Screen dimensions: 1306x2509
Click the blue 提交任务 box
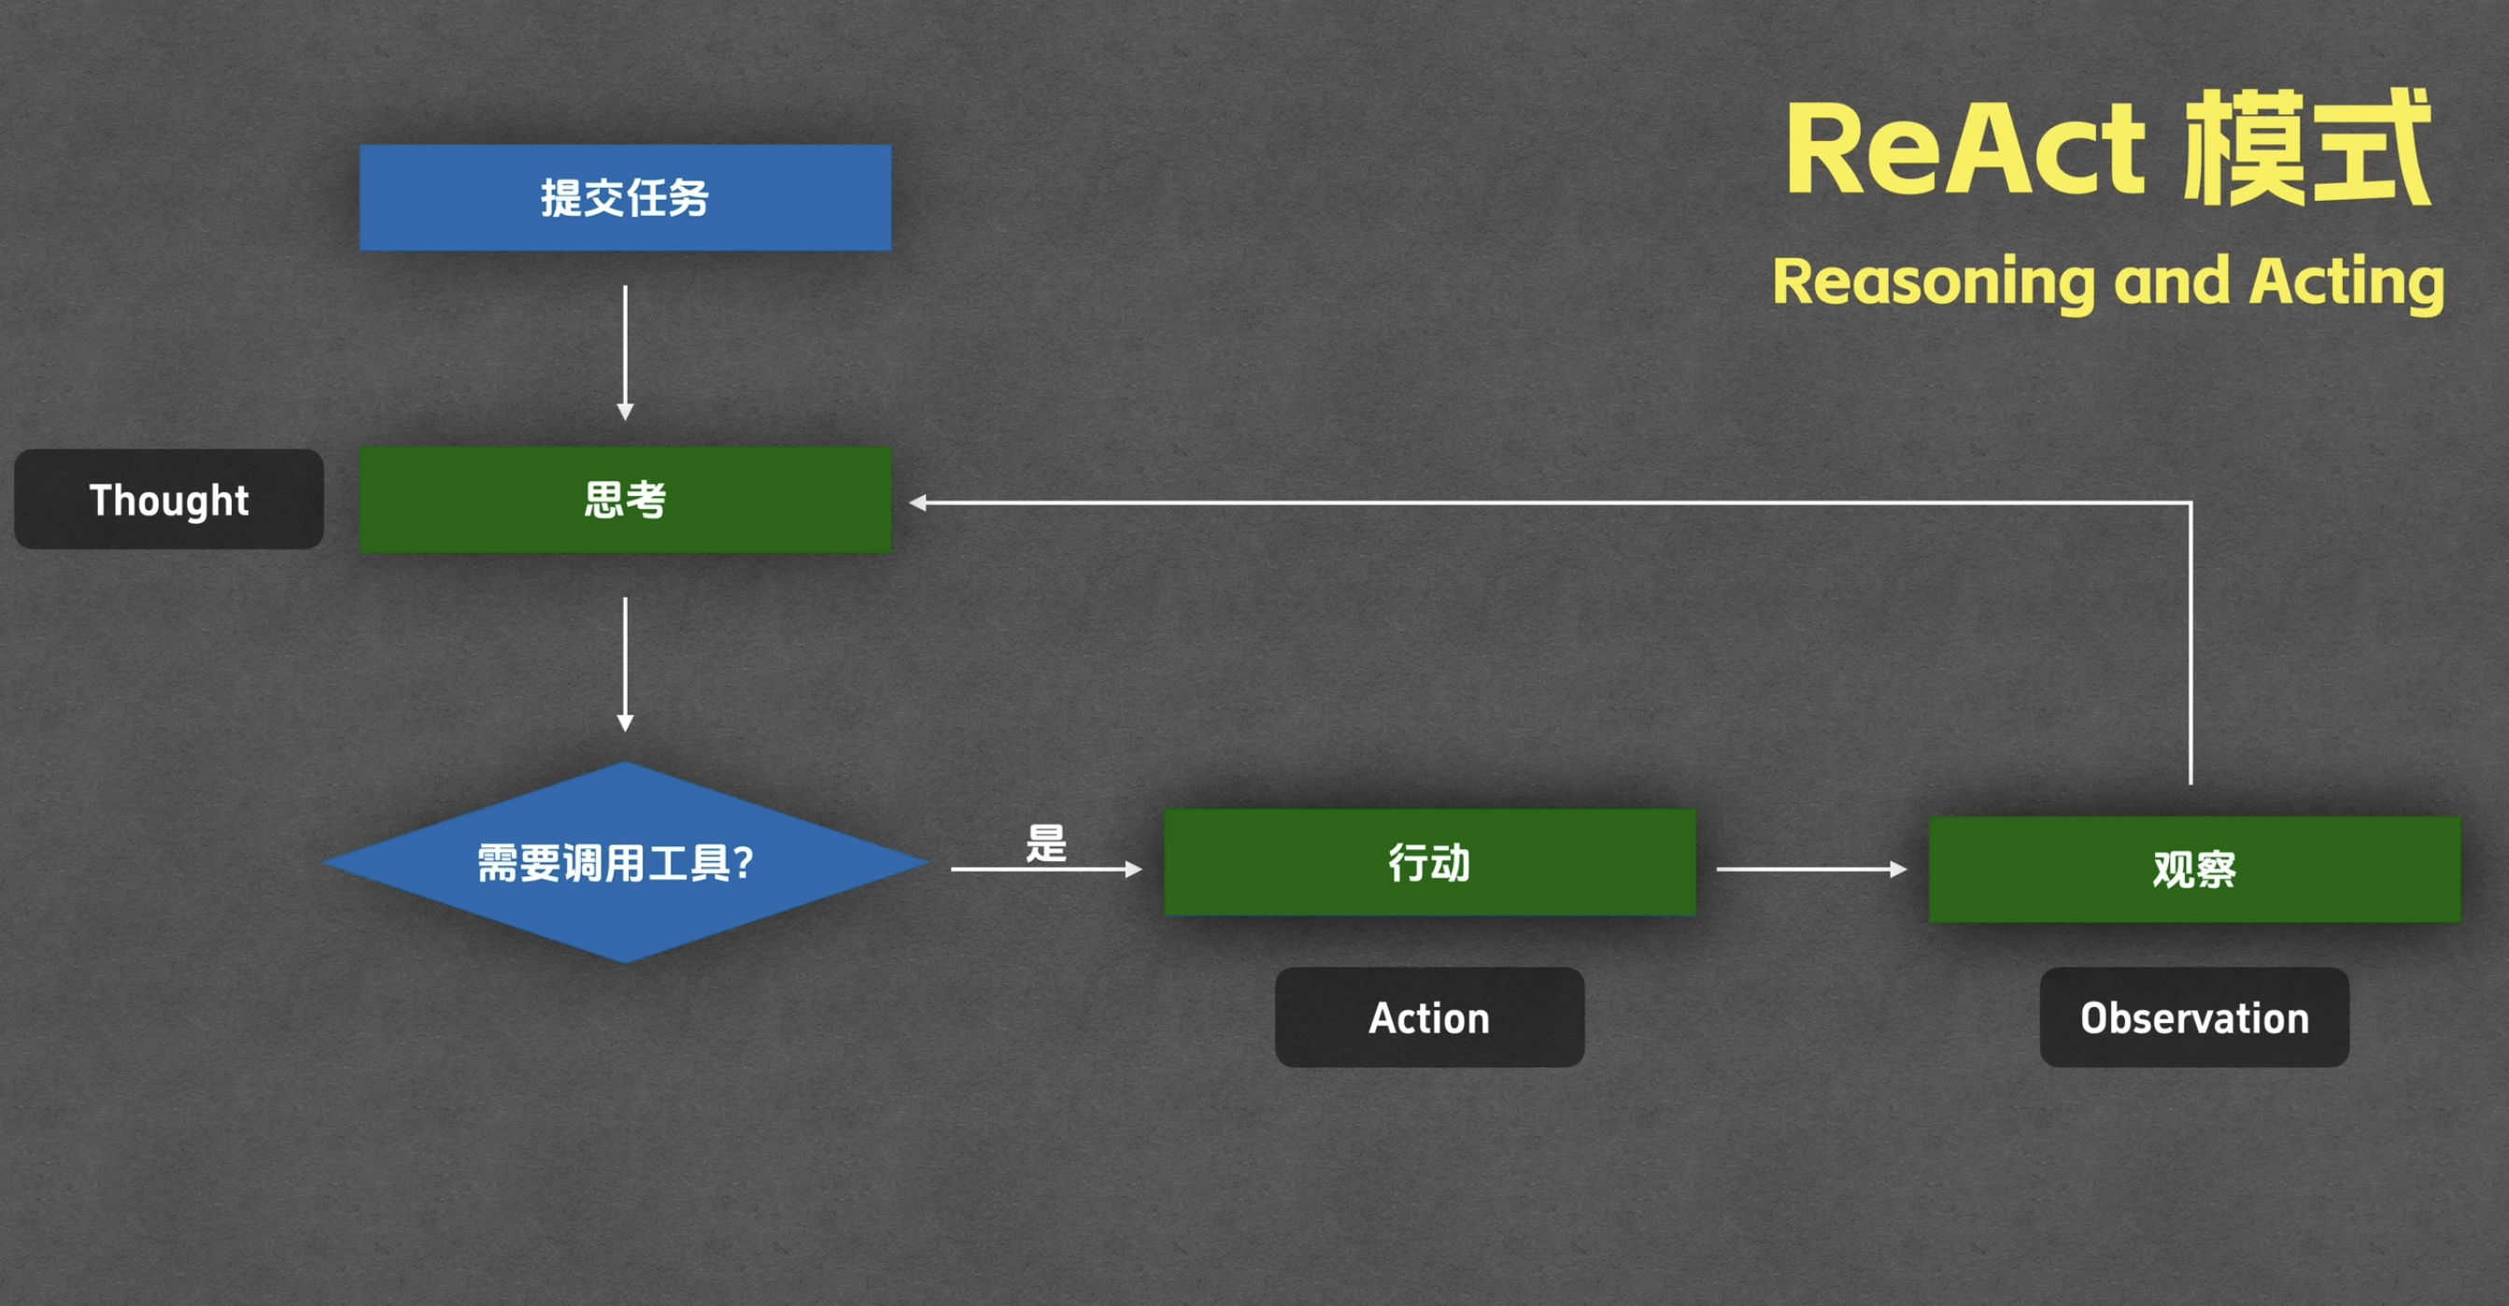pos(624,198)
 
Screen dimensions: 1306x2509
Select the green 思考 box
pos(624,500)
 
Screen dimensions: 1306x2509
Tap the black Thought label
pos(168,500)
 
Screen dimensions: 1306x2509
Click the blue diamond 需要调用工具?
pos(624,863)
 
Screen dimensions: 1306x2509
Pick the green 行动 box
pos(1429,862)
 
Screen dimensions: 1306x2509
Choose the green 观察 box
pos(2193,869)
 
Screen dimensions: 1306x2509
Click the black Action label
pos(1429,1017)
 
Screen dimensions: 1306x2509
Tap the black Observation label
pos(2193,1017)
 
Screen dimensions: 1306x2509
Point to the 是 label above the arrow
pos(1046,843)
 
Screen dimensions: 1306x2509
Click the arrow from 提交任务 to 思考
pos(625,350)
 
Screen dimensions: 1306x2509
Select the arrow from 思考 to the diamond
pos(625,662)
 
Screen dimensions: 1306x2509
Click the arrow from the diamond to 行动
pos(1044,869)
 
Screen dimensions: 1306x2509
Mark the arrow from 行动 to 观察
pos(1809,869)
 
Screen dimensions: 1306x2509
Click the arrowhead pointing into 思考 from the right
pos(917,503)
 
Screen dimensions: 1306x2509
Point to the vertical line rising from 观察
pos(2190,643)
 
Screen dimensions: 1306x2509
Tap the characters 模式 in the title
pos(2306,147)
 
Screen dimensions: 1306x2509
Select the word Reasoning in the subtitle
pos(1933,281)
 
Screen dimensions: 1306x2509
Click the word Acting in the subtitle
pos(2346,281)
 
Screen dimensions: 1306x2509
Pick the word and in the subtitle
pos(2171,281)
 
